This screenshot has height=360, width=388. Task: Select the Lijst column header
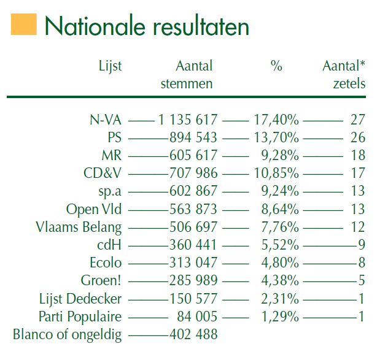pos(111,66)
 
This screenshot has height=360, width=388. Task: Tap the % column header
pos(276,66)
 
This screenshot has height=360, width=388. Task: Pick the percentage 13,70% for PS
pos(276,137)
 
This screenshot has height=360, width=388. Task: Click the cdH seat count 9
pos(362,245)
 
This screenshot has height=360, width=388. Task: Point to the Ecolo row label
pos(106,263)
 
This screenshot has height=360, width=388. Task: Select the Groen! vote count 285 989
pos(193,281)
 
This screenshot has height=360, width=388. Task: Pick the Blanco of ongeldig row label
pos(68,335)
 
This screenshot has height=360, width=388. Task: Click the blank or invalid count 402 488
pos(193,335)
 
